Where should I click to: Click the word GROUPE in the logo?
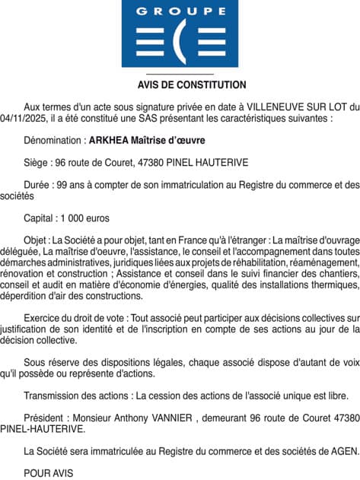(x=180, y=11)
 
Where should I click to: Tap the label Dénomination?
(x=53, y=141)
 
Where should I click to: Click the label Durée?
(x=38, y=184)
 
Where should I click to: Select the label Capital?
(x=41, y=217)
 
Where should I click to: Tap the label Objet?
(x=37, y=238)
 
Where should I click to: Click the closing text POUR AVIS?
(x=49, y=472)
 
